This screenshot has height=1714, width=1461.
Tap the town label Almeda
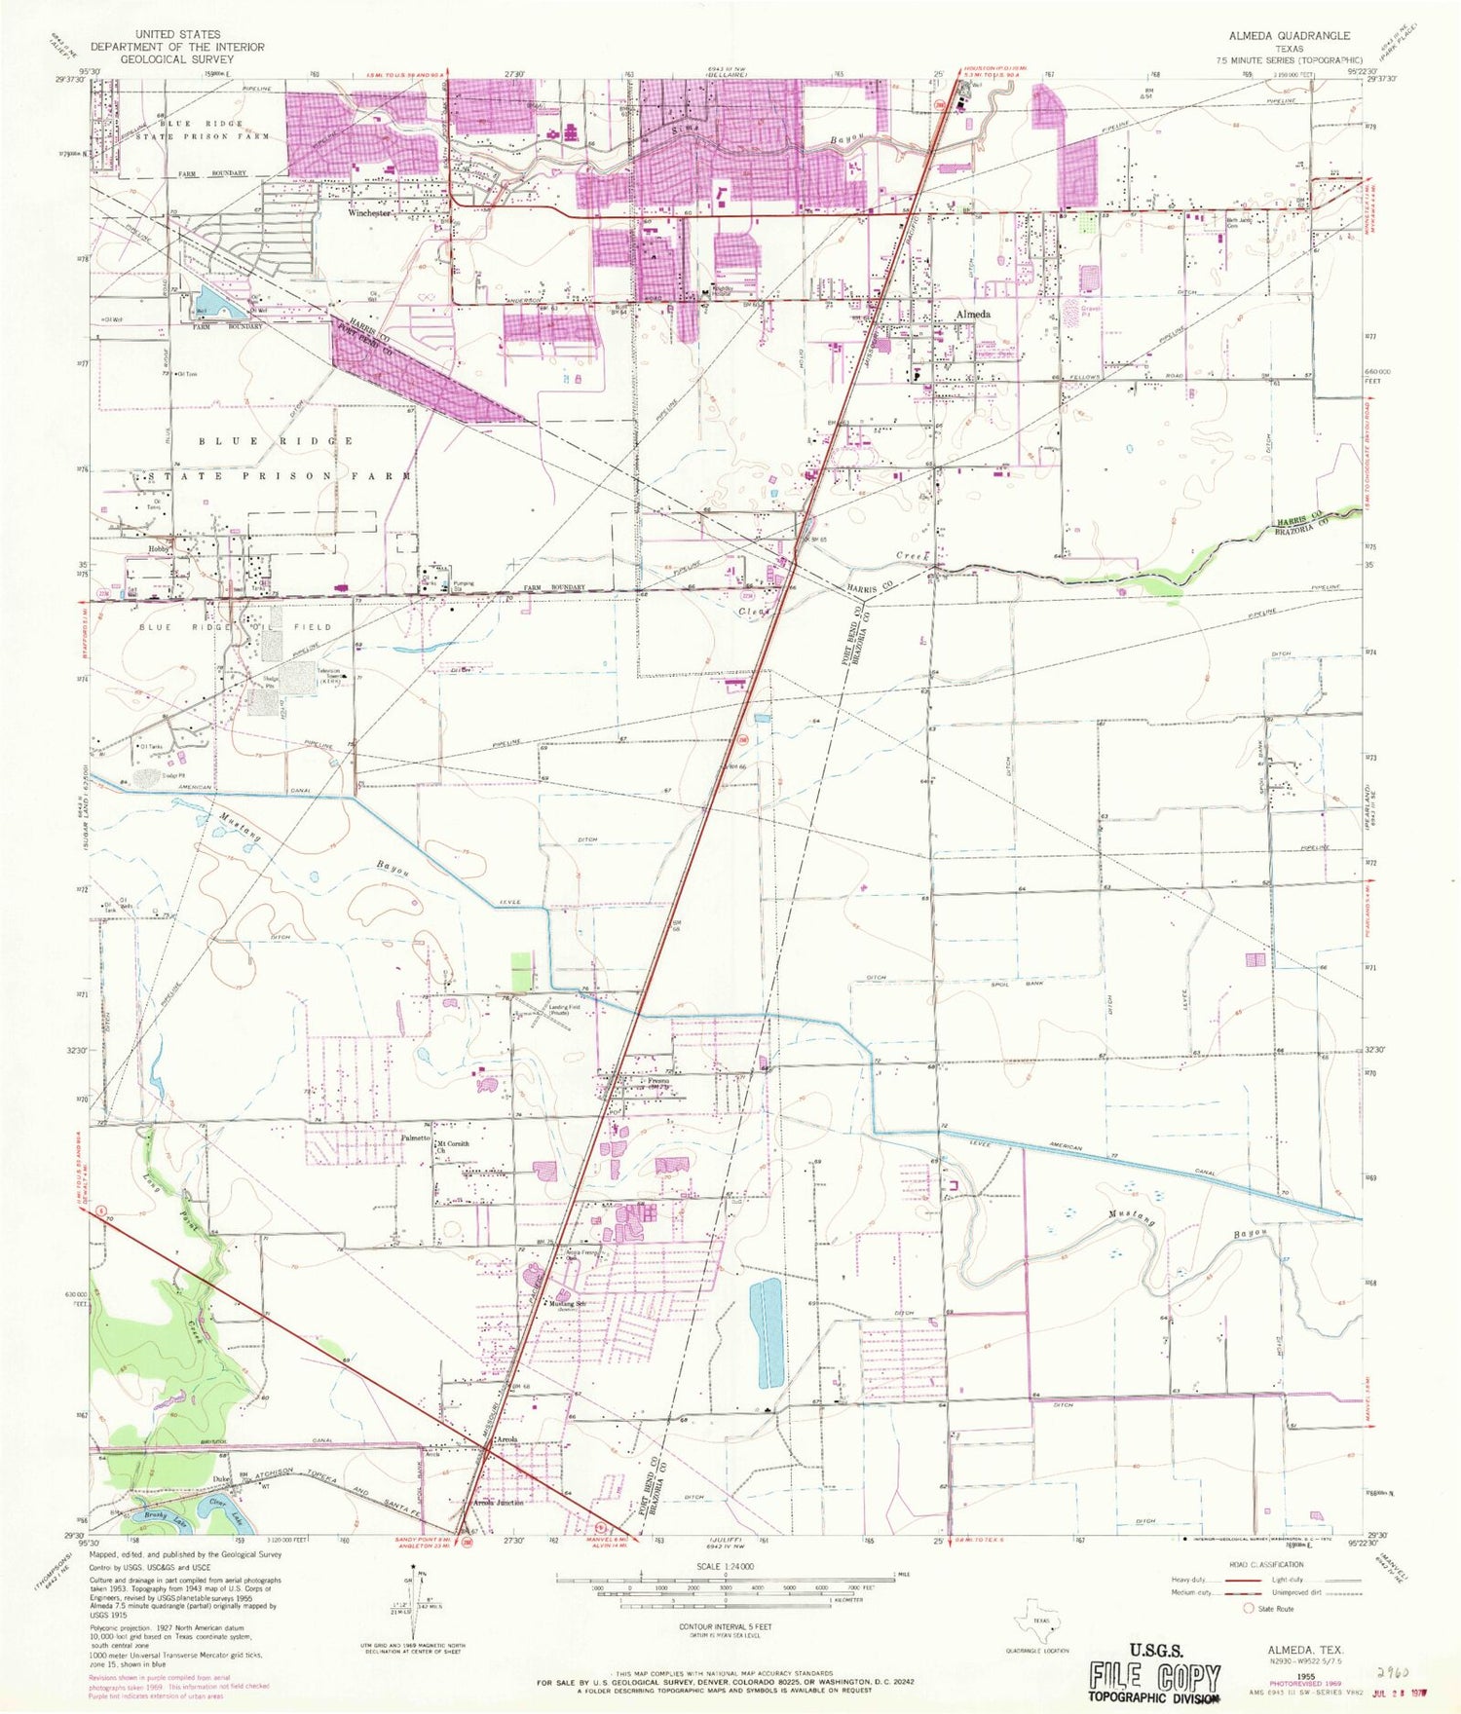972,315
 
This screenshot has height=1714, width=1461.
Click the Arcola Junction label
498,1503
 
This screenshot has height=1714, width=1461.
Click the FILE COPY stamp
1154,1677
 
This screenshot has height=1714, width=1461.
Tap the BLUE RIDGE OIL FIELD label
236,627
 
